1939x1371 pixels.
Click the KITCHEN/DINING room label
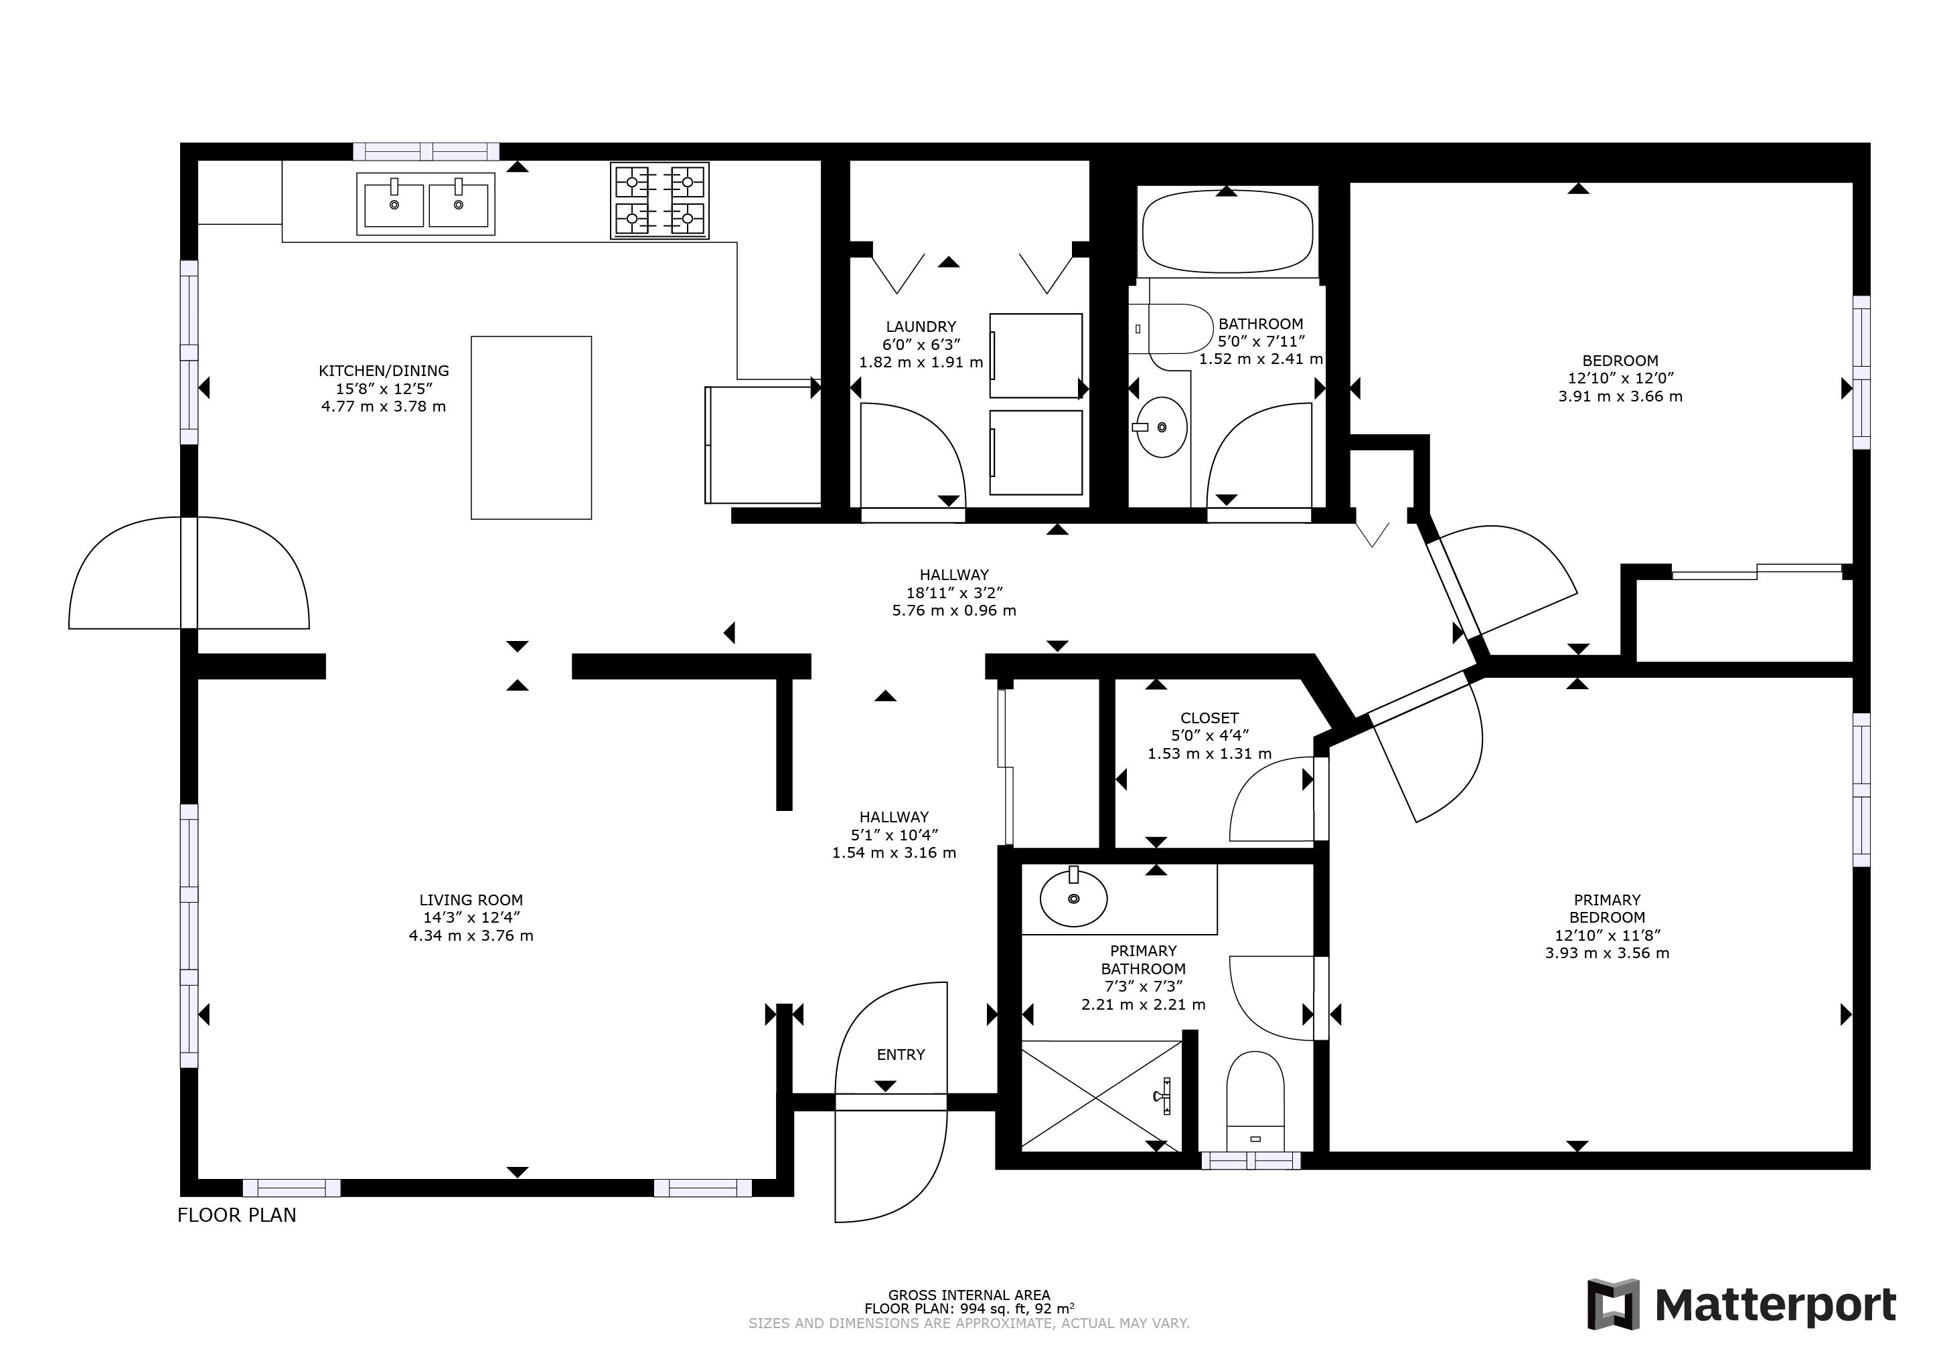[384, 371]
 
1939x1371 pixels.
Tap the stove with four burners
[660, 201]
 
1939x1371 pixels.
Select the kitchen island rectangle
[531, 427]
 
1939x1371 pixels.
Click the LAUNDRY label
[921, 327]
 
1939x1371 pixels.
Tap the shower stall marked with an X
[1101, 1096]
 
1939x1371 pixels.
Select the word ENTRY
[901, 1055]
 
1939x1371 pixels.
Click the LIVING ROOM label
[471, 900]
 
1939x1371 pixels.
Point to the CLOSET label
[1209, 719]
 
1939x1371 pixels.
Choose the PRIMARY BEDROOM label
[1607, 909]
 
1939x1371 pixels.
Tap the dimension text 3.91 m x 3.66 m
[1620, 396]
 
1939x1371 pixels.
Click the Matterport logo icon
[1613, 1304]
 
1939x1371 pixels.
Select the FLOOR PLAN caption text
[236, 1215]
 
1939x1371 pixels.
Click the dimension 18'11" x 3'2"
[954, 593]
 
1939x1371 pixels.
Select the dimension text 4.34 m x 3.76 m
[471, 935]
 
